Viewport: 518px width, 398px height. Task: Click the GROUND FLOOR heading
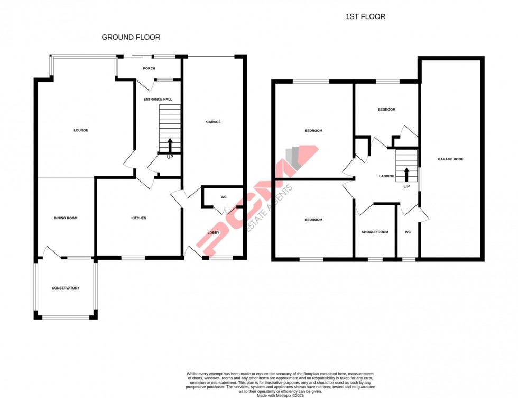[131, 37]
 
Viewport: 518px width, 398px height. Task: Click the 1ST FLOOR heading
[365, 16]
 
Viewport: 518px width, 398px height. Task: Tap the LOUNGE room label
[80, 130]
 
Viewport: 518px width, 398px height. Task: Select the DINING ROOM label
[66, 218]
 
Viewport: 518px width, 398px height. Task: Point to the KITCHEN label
[138, 218]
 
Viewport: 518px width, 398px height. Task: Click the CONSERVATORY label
[66, 288]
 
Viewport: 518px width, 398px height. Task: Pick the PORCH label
[147, 68]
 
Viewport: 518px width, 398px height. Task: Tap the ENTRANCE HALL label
[158, 99]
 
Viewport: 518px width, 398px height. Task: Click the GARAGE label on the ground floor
[213, 122]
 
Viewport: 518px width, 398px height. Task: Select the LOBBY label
[214, 232]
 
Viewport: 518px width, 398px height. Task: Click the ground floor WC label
[224, 197]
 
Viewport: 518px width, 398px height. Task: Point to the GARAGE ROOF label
[450, 159]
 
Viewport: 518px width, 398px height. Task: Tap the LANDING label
[386, 176]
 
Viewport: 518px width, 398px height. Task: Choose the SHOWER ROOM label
[375, 232]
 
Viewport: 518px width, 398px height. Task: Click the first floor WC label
[408, 232]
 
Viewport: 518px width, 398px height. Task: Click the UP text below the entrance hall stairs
[170, 157]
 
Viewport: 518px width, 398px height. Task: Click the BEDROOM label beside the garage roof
[386, 110]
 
